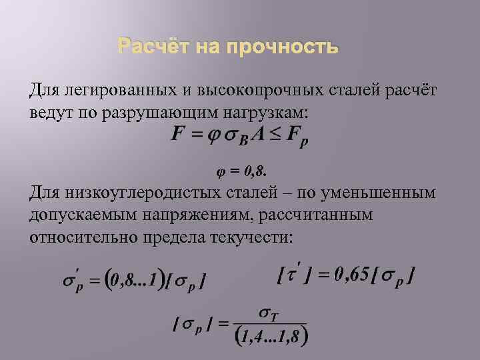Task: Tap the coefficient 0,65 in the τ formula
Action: [350, 274]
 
